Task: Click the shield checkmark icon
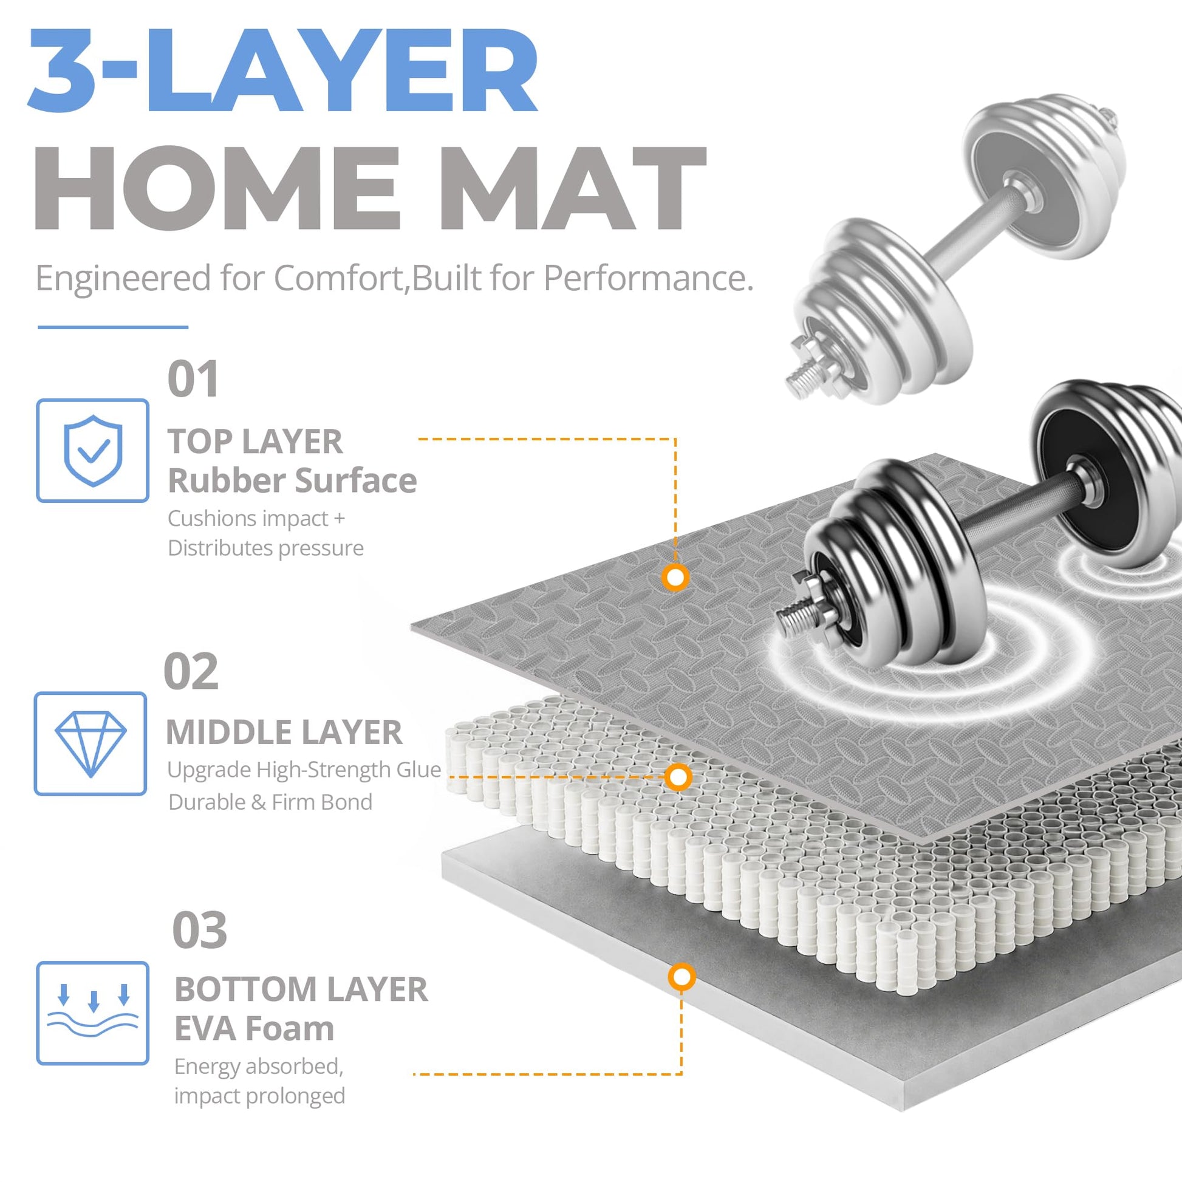click(93, 450)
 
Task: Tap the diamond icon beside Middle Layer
click(91, 743)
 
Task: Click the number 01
click(193, 379)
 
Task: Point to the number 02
click(191, 671)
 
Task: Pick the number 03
click(199, 930)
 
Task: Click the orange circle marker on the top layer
click(675, 577)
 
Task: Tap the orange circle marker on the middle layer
click(678, 777)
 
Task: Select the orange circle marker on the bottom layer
click(682, 977)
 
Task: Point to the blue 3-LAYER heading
click(282, 70)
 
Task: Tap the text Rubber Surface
click(292, 480)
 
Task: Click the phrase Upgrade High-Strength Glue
click(304, 770)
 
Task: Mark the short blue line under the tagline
click(112, 327)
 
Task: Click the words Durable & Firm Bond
click(270, 801)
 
